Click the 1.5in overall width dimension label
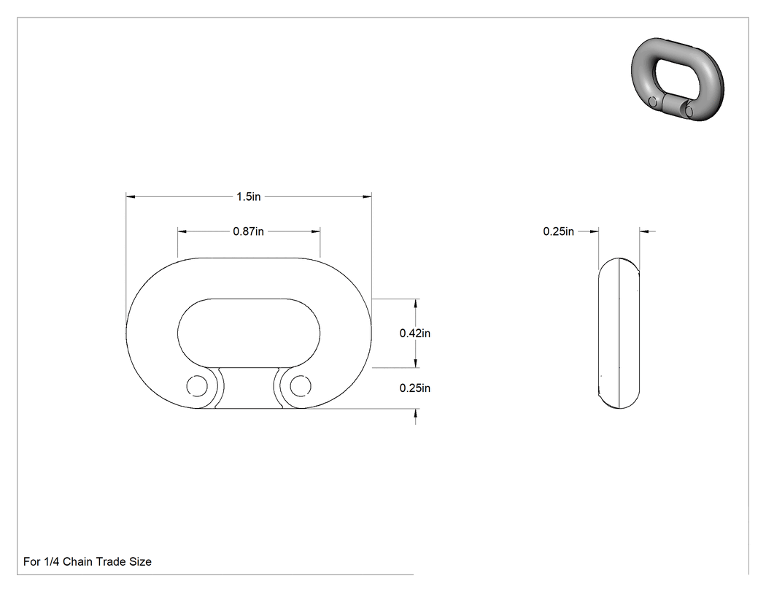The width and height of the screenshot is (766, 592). tap(249, 196)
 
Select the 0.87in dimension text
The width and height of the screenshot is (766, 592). tap(248, 231)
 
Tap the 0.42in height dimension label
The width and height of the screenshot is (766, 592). tap(415, 333)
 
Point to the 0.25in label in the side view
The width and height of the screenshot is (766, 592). tap(558, 231)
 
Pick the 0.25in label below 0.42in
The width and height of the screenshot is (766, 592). tap(415, 388)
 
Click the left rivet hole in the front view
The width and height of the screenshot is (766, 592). tap(197, 386)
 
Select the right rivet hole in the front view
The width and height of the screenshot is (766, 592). tap(301, 386)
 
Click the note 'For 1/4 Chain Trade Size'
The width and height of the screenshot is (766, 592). tap(88, 561)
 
